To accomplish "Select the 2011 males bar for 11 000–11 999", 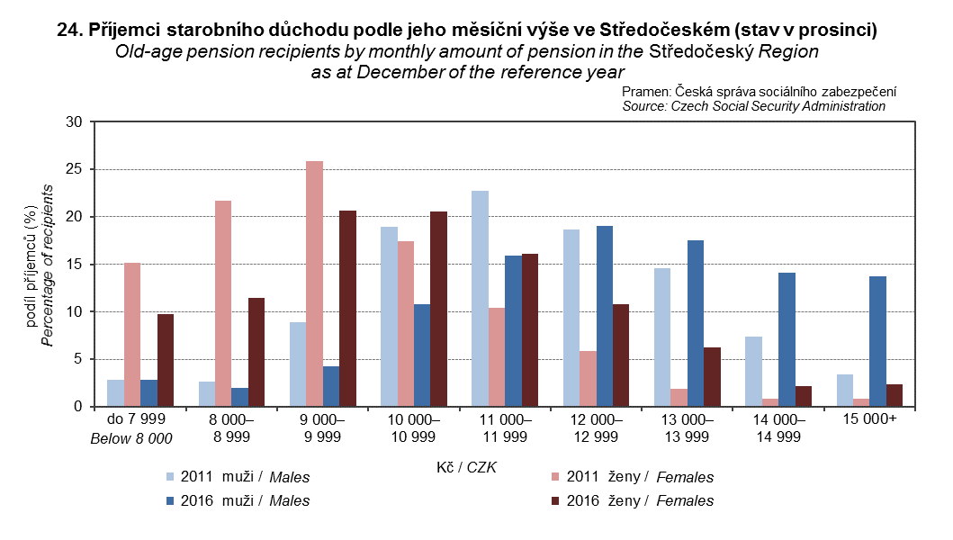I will click(480, 298).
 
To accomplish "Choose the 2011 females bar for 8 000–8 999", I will click(223, 303).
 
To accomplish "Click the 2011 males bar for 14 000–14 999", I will click(754, 371).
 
